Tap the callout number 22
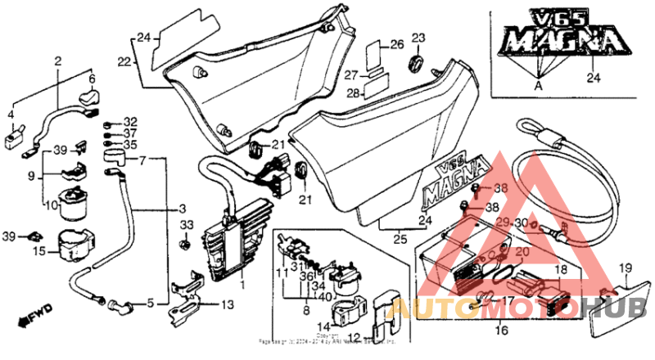(x=124, y=62)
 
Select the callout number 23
(x=418, y=38)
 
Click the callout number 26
(x=396, y=44)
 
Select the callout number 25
(x=400, y=239)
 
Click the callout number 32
(x=131, y=121)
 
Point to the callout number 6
(x=92, y=79)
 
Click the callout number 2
(x=58, y=61)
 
